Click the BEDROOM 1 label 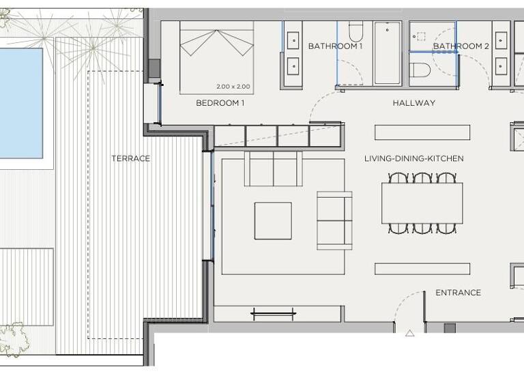coord(220,103)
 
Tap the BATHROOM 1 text coord(335,46)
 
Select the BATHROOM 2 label coord(461,46)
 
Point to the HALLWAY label coord(413,103)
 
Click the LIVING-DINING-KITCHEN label coord(413,158)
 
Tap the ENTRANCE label coord(458,293)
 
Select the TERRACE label coord(130,158)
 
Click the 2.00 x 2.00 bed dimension coord(233,87)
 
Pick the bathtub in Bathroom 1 coord(387,53)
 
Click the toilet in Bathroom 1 coord(355,31)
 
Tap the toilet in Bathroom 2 coord(420,70)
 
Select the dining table coord(422,203)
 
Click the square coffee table coord(273,220)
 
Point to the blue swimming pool coord(20,102)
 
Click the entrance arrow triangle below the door coord(409,334)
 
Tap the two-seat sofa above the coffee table coord(273,169)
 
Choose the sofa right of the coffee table coord(334,220)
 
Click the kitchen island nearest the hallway coord(422,132)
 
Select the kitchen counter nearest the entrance coord(422,268)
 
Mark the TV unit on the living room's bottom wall coord(273,314)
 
